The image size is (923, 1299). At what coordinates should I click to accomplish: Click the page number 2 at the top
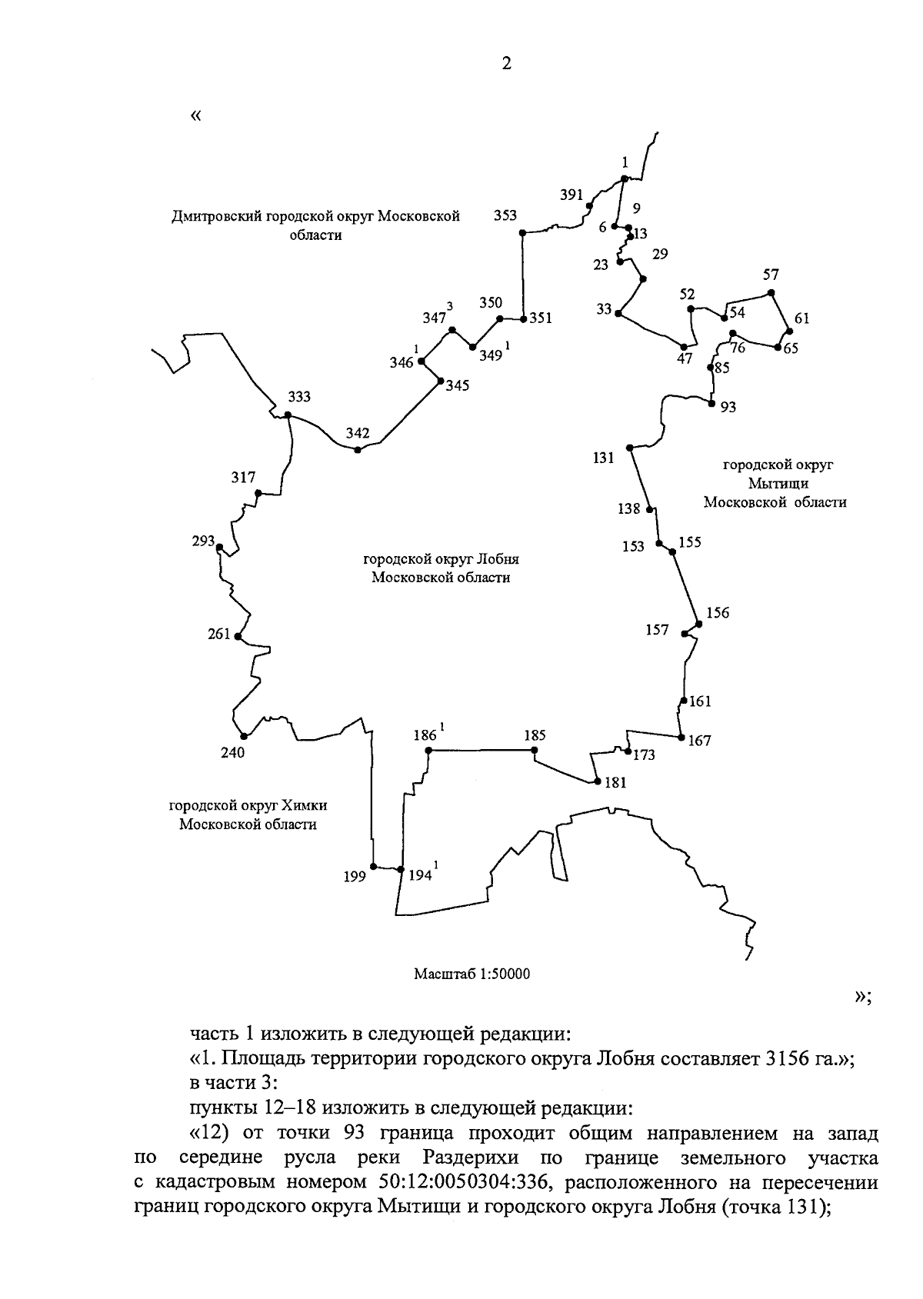505,64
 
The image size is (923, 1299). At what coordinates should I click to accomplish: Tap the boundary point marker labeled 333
288,415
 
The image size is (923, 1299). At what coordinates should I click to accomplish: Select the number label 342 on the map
358,433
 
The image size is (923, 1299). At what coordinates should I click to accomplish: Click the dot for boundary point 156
698,623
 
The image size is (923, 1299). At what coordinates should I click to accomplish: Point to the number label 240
232,753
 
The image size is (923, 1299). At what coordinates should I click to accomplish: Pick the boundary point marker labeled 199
373,866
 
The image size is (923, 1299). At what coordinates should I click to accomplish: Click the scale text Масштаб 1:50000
472,974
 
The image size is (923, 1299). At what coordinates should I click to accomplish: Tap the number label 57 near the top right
771,275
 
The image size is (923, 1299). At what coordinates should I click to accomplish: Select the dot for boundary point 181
597,782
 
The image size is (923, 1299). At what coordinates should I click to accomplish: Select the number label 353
505,215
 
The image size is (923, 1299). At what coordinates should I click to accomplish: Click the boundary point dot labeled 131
630,448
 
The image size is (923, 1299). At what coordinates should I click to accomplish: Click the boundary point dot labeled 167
681,738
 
